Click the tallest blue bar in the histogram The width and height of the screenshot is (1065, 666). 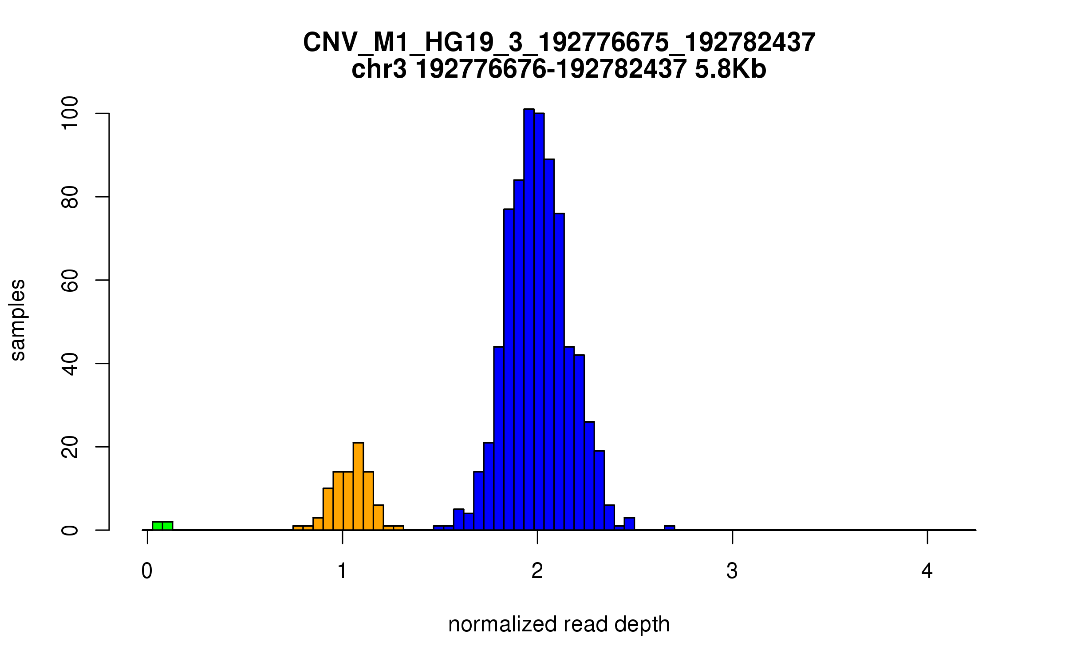529,320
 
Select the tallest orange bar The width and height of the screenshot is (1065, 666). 358,486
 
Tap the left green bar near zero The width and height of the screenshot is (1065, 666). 158,526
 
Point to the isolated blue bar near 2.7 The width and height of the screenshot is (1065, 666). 669,528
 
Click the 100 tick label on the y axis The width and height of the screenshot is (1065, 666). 70,114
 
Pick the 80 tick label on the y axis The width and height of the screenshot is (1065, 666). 70,197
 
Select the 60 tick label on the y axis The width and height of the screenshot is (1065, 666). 70,280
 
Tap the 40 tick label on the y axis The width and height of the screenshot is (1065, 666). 70,364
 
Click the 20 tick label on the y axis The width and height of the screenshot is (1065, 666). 70,447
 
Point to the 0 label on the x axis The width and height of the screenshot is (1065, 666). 147,571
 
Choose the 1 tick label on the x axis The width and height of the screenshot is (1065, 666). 342,571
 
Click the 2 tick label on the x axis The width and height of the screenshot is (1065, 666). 537,571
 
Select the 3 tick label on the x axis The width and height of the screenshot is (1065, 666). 732,571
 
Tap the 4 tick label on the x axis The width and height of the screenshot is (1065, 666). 927,571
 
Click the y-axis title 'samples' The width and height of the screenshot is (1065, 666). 18,320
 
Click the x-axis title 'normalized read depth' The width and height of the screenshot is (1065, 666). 559,624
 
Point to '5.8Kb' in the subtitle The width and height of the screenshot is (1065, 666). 730,69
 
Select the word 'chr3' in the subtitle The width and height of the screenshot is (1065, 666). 379,69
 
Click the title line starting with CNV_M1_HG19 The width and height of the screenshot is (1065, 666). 559,43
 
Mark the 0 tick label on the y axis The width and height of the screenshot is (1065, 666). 70,530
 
